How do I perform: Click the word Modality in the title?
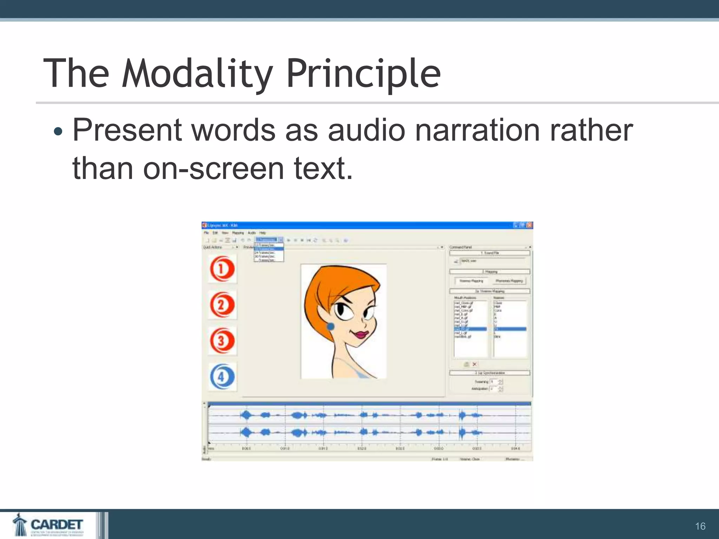click(x=197, y=74)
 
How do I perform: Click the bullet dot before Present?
click(x=58, y=132)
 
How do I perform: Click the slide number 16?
click(x=700, y=526)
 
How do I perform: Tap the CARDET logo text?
click(x=57, y=524)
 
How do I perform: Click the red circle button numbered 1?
click(x=222, y=269)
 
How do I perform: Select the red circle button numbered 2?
click(x=222, y=305)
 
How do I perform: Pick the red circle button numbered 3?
click(x=222, y=340)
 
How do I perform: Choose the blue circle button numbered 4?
click(x=222, y=377)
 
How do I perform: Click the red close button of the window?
click(x=529, y=225)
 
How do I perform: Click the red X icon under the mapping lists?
click(x=475, y=364)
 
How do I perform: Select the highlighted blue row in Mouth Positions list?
click(x=470, y=329)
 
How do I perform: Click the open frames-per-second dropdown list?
click(x=269, y=253)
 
